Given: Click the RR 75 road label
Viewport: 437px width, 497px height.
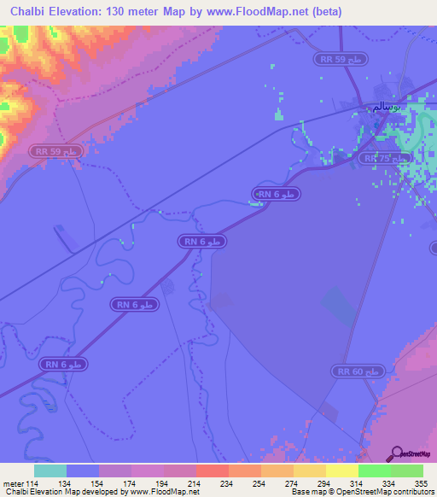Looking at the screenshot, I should tap(376, 159).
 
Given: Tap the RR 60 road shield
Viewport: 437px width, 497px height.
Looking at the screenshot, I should tap(358, 371).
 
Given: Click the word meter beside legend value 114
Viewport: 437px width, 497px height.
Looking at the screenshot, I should tap(14, 483).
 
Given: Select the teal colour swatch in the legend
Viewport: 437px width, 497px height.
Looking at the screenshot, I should tap(50, 471).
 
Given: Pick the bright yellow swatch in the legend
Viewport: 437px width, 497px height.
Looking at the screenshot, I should tap(342, 471).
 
